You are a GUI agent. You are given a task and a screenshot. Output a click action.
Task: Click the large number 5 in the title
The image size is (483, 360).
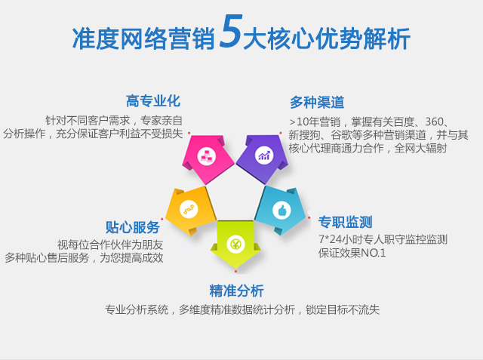click(229, 32)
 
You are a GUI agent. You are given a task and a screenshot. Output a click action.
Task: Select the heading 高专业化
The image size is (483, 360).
click(153, 101)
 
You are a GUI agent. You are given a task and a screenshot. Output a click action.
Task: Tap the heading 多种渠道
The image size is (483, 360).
click(317, 102)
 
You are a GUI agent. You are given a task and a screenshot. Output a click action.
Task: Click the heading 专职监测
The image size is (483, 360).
click(346, 222)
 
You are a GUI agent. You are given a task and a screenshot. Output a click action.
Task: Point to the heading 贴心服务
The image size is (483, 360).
click(133, 227)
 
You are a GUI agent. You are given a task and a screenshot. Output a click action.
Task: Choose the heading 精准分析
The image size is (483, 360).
click(236, 291)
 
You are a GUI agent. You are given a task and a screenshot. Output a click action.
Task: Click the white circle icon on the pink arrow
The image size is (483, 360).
click(206, 156)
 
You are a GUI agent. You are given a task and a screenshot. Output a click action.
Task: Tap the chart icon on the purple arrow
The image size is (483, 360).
click(264, 155)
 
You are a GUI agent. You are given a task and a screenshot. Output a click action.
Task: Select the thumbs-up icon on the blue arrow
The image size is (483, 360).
click(281, 211)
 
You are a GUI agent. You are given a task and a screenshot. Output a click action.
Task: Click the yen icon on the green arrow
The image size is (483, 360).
click(235, 244)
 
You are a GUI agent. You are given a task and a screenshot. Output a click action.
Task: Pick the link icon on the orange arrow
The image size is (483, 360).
click(189, 209)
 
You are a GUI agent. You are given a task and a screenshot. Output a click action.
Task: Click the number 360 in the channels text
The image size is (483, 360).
click(434, 122)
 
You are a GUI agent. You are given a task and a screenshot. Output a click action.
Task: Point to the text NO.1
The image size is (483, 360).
click(373, 253)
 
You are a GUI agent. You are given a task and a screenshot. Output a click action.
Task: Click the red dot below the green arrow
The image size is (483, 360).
click(235, 271)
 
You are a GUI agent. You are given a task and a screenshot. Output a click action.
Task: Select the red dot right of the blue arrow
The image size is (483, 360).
click(309, 217)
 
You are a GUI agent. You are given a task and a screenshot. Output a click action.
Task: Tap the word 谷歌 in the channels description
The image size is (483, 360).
click(341, 135)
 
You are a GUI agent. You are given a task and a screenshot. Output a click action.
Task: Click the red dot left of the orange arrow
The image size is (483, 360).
click(162, 220)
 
